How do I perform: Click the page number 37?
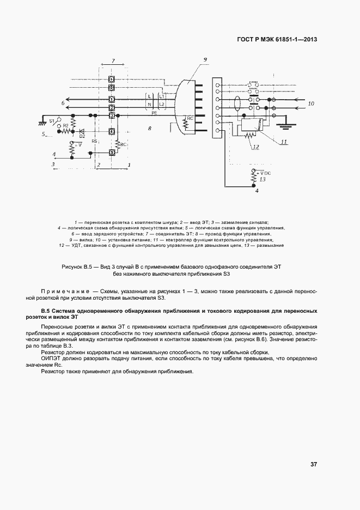click(x=314, y=464)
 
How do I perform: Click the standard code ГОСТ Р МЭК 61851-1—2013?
click(x=277, y=39)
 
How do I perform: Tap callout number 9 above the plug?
click(x=205, y=59)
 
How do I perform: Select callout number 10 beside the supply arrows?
click(x=311, y=103)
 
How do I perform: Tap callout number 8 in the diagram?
click(x=149, y=127)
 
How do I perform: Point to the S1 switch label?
click(x=52, y=120)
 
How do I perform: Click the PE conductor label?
click(x=155, y=112)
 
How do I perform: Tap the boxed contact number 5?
click(x=111, y=153)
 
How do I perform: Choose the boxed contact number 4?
click(x=111, y=132)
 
